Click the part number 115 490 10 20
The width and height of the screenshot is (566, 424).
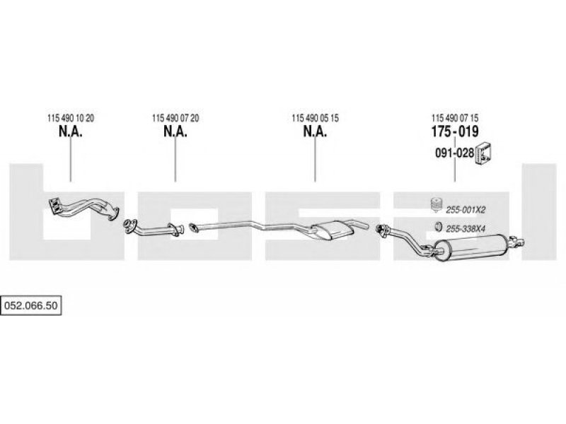[70, 118]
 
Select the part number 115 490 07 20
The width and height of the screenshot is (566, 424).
[175, 118]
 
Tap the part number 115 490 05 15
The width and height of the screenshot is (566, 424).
[315, 118]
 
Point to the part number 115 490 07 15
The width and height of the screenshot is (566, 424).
[455, 118]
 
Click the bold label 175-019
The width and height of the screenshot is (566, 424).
[455, 132]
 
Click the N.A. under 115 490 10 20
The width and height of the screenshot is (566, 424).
[70, 132]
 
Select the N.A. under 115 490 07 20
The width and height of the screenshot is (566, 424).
[175, 132]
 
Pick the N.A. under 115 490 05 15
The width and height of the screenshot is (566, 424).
[315, 132]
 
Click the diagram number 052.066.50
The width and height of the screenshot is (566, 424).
[32, 305]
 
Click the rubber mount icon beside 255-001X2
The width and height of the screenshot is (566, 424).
[436, 206]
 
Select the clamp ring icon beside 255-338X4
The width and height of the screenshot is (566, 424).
[437, 227]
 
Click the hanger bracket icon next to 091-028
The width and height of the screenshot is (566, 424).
[484, 151]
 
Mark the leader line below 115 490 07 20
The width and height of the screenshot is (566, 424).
[175, 163]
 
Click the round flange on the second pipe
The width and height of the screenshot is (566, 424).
[129, 226]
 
